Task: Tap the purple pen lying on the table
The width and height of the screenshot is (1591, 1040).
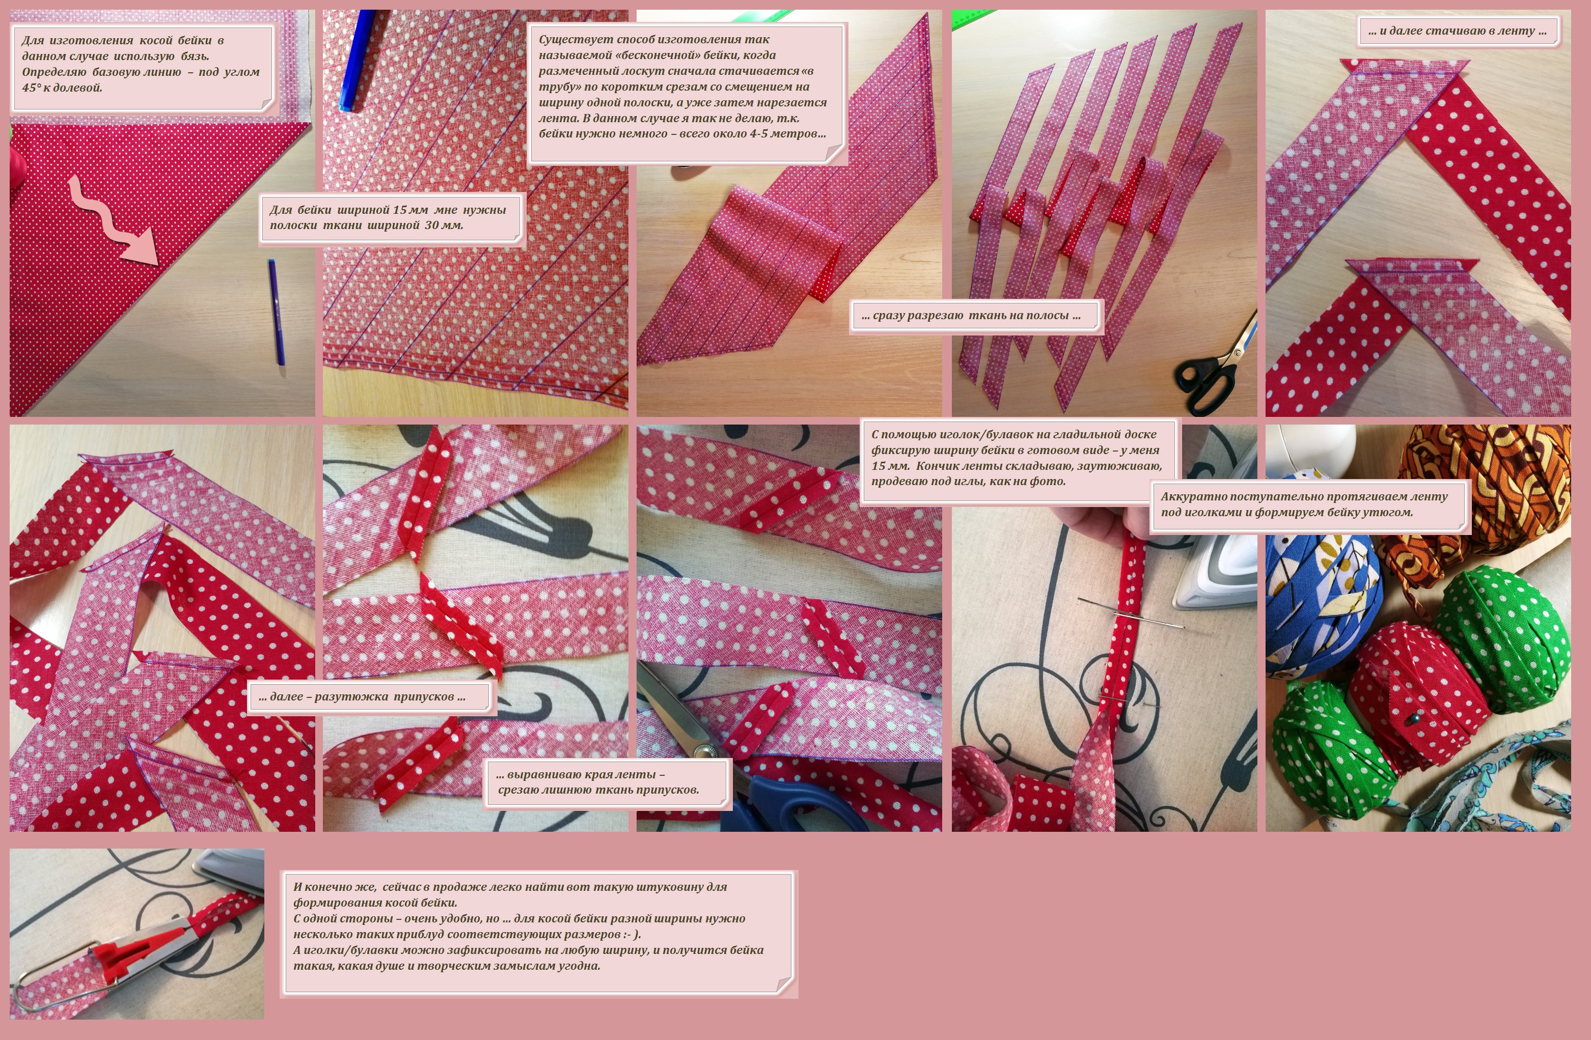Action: click(276, 312)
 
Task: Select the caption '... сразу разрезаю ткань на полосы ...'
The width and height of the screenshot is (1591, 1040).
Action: click(971, 316)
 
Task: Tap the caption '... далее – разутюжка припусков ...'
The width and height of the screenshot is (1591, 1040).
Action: click(362, 696)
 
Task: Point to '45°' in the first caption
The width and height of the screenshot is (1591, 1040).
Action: click(32, 88)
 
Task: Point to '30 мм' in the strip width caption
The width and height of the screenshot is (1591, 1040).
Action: click(444, 225)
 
